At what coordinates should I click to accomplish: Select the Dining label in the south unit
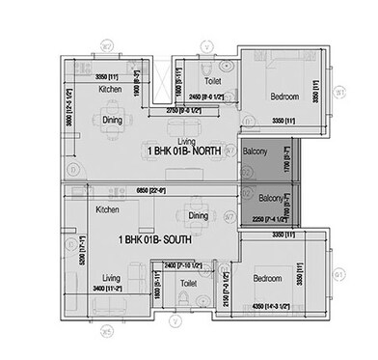198,216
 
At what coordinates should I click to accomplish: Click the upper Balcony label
256,152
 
